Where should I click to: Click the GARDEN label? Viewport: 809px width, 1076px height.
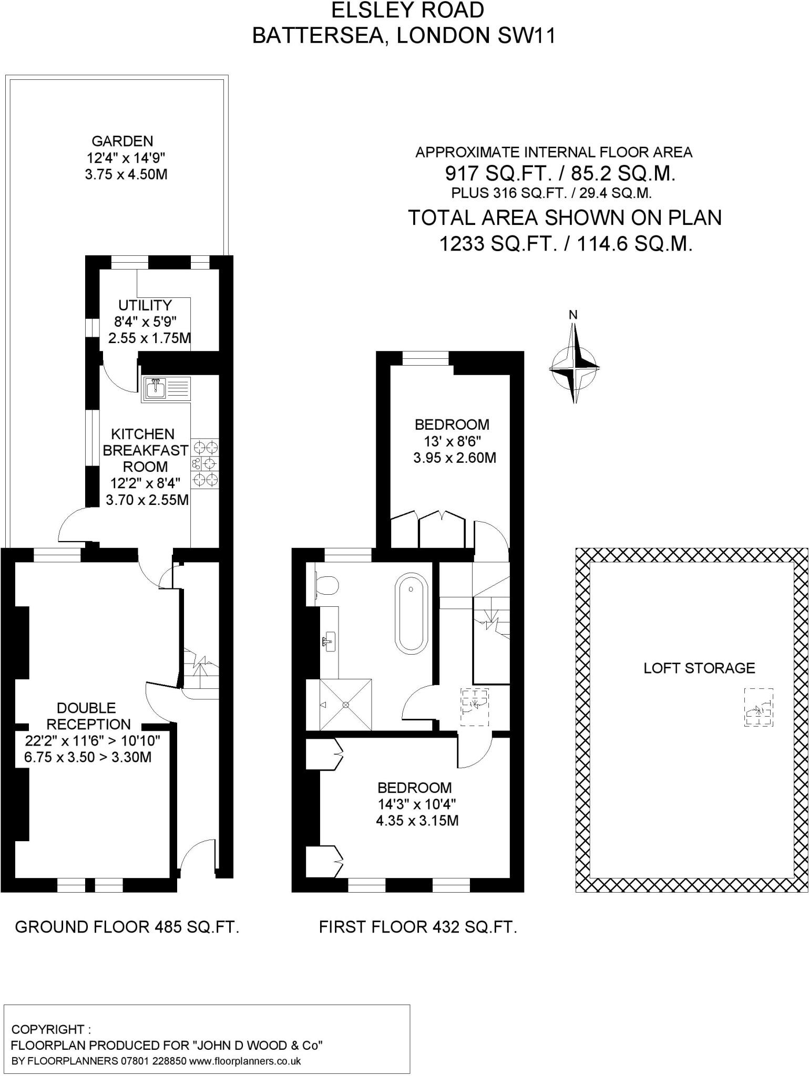click(x=122, y=141)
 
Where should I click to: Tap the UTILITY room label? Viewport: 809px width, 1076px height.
click(x=145, y=305)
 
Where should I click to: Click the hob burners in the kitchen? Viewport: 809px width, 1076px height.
click(x=205, y=464)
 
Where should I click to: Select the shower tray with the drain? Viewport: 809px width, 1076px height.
click(x=345, y=705)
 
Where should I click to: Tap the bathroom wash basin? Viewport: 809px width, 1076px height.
click(x=329, y=642)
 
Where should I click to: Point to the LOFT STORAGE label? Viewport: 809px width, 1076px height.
click(x=699, y=668)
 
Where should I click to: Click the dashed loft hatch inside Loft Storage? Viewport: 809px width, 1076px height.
click(x=759, y=707)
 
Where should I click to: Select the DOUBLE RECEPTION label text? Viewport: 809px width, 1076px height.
click(x=88, y=716)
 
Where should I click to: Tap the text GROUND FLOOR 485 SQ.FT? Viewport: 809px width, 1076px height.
click(x=127, y=927)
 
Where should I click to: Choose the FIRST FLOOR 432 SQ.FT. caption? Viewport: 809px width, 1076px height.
click(x=418, y=927)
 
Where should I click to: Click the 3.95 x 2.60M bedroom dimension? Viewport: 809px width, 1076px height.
click(x=455, y=458)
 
